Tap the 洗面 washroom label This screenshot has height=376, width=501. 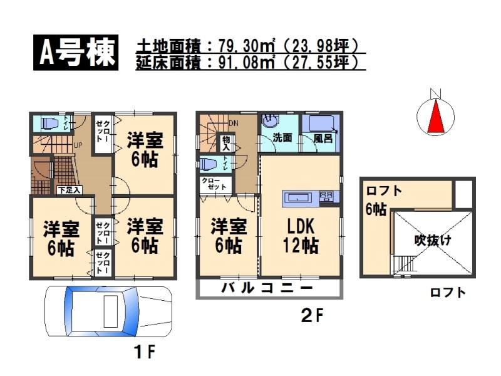pos(282,138)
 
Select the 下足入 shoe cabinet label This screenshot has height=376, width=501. pos(68,189)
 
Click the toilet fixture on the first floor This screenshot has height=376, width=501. pos(50,123)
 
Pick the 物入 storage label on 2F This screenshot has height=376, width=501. pos(226,144)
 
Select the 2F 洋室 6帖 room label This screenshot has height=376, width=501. pos(227,234)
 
